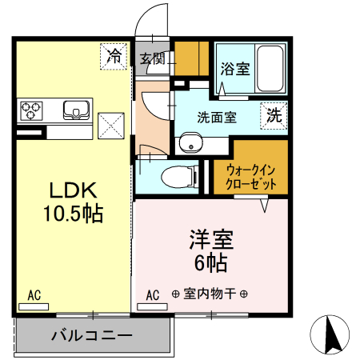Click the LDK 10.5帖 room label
click(x=74, y=202)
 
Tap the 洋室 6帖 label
click(x=210, y=250)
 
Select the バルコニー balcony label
click(x=92, y=335)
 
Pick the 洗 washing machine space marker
click(x=274, y=114)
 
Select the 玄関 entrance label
click(x=152, y=58)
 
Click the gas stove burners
click(x=33, y=108)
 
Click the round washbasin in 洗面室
click(x=190, y=142)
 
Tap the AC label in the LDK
click(x=34, y=296)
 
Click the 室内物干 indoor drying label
click(x=210, y=295)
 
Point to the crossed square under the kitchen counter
click(x=110, y=125)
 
